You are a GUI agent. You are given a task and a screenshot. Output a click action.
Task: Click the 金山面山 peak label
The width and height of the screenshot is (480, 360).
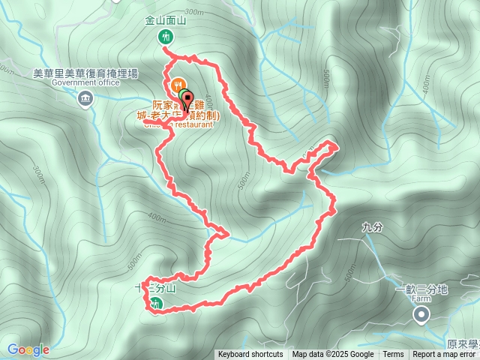pos(165,22)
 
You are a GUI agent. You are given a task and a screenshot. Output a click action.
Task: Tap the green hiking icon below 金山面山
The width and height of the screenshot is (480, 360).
pos(165,36)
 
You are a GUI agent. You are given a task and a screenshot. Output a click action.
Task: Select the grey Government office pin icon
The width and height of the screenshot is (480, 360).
pos(85,97)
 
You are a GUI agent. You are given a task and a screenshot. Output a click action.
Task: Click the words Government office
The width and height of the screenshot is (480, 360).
pos(86,82)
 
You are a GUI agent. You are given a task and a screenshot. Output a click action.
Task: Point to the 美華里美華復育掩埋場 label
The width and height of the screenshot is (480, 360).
pos(86,73)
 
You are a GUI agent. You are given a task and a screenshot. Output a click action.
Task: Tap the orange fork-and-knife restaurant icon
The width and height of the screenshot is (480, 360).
pos(178,85)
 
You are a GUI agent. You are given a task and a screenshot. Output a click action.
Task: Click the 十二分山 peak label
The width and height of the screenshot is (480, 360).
pos(155,288)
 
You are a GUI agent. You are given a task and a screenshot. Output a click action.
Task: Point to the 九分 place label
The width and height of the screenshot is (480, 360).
pos(371,226)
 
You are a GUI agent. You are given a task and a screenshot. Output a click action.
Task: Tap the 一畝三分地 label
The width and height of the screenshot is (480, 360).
pos(421,289)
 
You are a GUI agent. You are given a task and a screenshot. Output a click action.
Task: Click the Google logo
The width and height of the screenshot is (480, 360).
pos(28,349)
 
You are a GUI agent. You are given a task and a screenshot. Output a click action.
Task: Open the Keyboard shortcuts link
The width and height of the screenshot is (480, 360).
pos(250,355)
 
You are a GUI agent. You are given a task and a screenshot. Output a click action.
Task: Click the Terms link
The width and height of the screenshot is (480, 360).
pos(393,355)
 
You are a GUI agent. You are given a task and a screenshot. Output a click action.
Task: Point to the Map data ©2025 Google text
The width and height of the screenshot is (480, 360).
pos(333,355)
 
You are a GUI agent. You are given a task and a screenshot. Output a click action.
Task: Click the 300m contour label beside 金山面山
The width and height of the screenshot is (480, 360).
pos(193,12)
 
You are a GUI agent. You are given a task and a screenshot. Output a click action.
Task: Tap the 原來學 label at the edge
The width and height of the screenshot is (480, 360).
pos(463,344)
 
